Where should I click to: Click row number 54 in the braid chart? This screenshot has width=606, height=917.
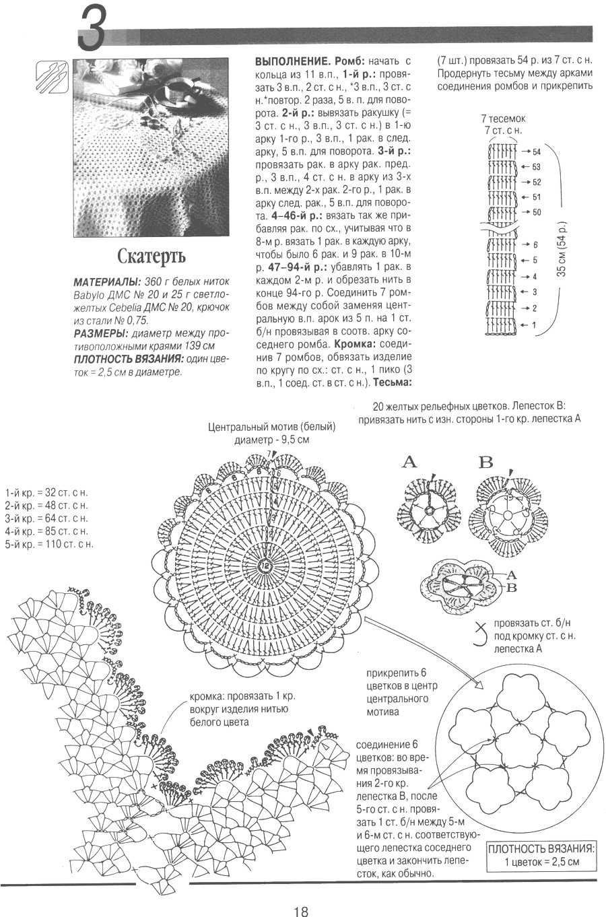[x=537, y=152]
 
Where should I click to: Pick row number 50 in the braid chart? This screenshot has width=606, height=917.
[x=537, y=212]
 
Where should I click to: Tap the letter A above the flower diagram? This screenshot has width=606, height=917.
[x=409, y=463]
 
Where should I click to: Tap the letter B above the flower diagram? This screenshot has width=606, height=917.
[x=485, y=463]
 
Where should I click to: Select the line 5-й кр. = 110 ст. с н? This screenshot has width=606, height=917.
[x=48, y=544]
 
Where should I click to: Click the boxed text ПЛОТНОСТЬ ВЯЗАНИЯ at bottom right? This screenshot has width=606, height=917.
[x=541, y=848]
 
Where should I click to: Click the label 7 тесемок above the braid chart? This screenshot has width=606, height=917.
[x=503, y=118]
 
